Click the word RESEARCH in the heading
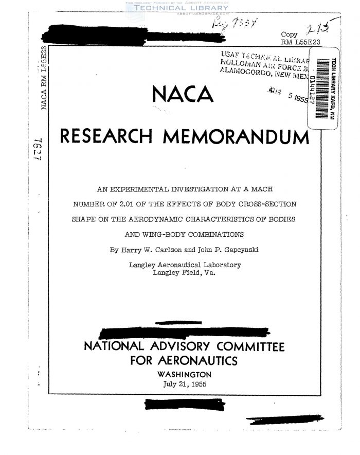pyautogui.click(x=107, y=136)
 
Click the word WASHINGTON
pyautogui.click(x=184, y=374)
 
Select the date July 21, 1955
pyautogui.click(x=183, y=384)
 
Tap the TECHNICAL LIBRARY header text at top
pyautogui.click(x=180, y=8)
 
